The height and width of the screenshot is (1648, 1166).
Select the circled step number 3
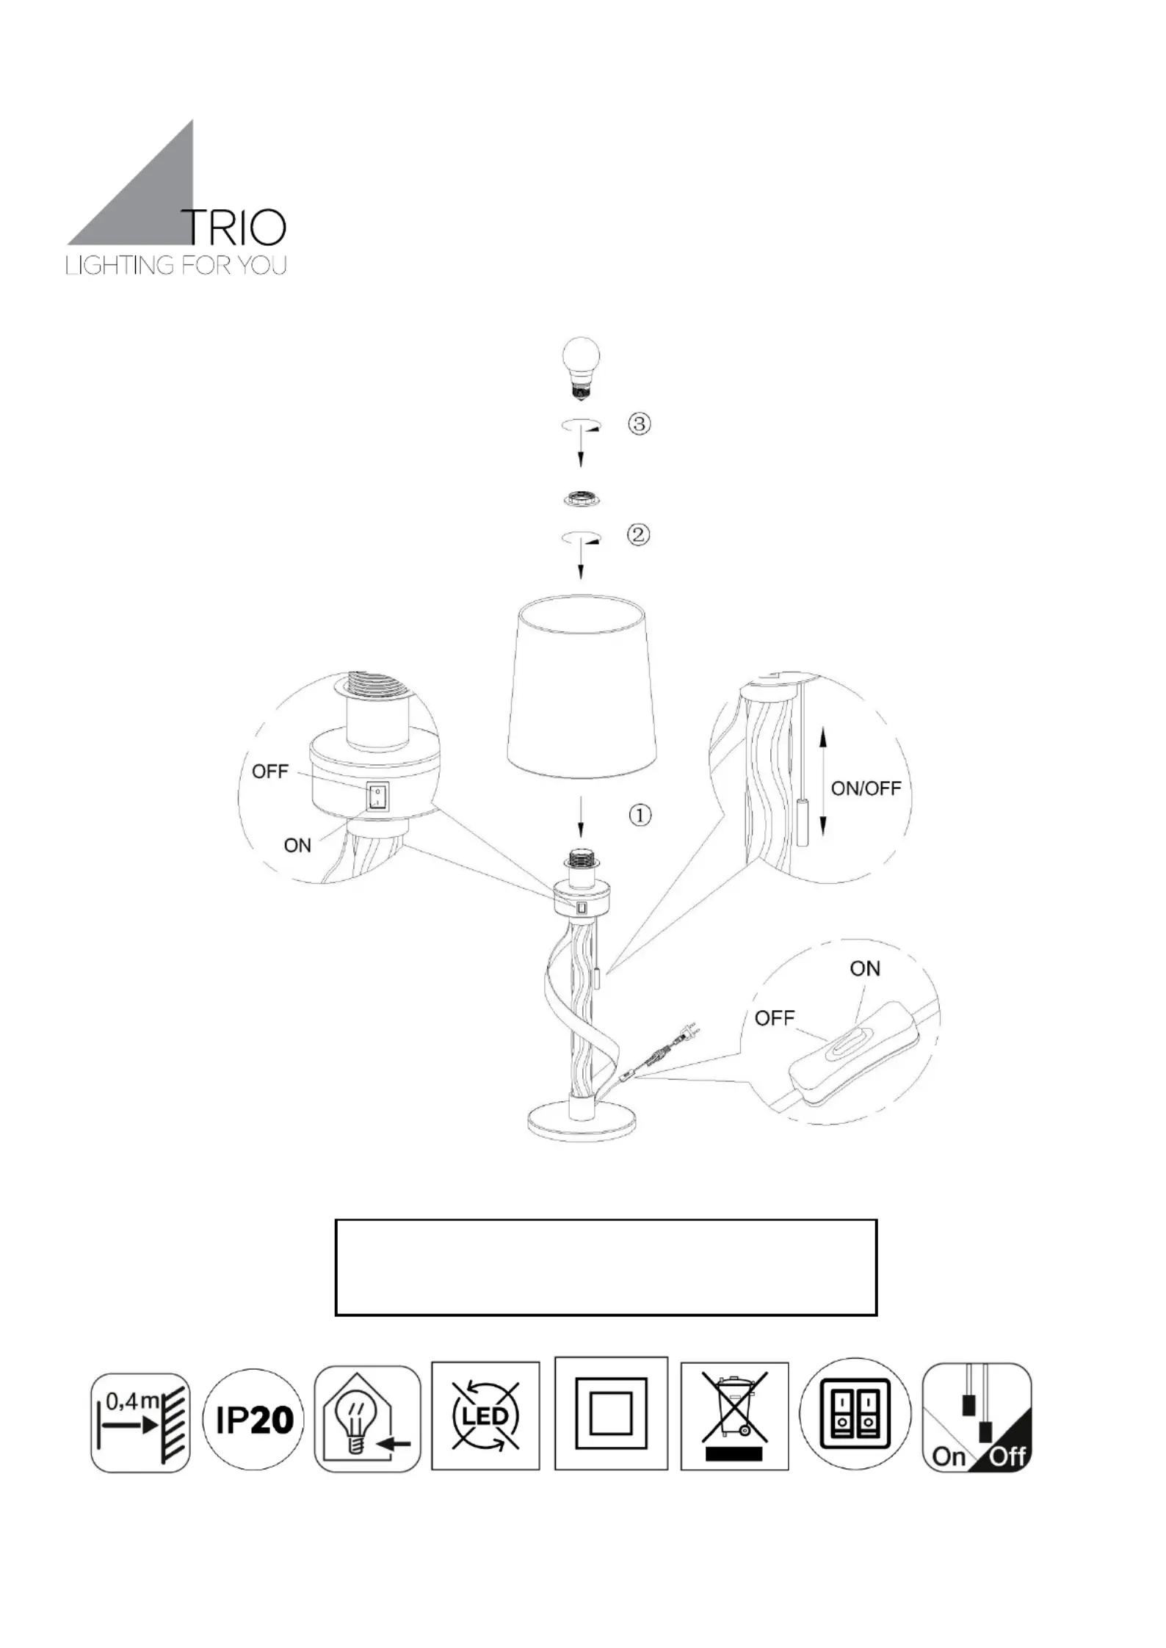click(x=639, y=424)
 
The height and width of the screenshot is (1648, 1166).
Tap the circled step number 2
click(x=638, y=534)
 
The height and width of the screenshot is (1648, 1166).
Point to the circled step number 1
click(x=640, y=815)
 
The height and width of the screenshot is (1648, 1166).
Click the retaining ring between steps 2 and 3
click(x=581, y=498)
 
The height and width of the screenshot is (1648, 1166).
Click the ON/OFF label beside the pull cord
click(x=866, y=788)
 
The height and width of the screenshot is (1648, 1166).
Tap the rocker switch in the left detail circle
click(x=377, y=796)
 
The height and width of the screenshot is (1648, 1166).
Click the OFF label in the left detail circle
click(x=270, y=772)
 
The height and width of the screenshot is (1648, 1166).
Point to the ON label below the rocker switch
click(x=297, y=846)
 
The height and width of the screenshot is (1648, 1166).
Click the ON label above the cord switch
click(x=865, y=969)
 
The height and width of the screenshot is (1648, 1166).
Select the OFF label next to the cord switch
click(x=775, y=1018)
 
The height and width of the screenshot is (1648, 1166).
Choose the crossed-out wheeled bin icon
click(x=734, y=1417)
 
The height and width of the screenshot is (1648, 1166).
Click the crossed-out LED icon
click(x=485, y=1416)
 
